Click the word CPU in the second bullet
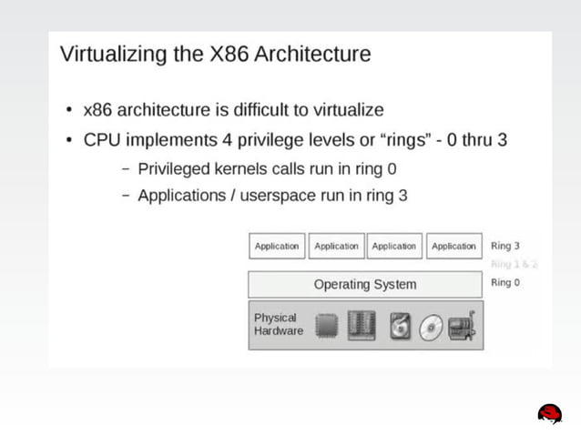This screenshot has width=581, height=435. [x=101, y=140]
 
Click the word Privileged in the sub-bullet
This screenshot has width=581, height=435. [x=177, y=168]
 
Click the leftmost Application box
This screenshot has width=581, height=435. [x=277, y=246]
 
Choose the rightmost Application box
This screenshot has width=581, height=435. [x=454, y=246]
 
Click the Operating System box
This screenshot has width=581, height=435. [x=364, y=284]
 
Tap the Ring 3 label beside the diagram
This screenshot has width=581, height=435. [x=505, y=246]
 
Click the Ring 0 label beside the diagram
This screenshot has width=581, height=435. [x=505, y=282]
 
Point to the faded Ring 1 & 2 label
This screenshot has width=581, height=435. [x=514, y=264]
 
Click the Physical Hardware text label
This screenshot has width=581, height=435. [x=278, y=324]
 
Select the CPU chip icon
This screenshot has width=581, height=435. [x=327, y=326]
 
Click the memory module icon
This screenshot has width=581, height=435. [x=362, y=326]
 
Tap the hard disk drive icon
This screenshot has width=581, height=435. [x=401, y=326]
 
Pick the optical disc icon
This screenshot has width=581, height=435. [x=432, y=328]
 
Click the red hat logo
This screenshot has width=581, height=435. [x=549, y=413]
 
